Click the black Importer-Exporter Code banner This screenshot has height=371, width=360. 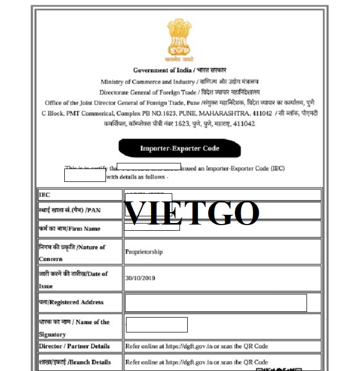179,149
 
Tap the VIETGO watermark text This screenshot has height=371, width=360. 192,213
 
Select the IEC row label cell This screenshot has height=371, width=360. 80,195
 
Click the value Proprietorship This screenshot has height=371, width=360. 144,252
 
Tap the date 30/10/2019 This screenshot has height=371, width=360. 140,278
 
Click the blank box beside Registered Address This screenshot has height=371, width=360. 216,303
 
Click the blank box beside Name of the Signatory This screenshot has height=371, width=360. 156,325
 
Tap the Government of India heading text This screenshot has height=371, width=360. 179,70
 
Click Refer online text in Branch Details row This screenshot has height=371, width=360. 196,362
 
